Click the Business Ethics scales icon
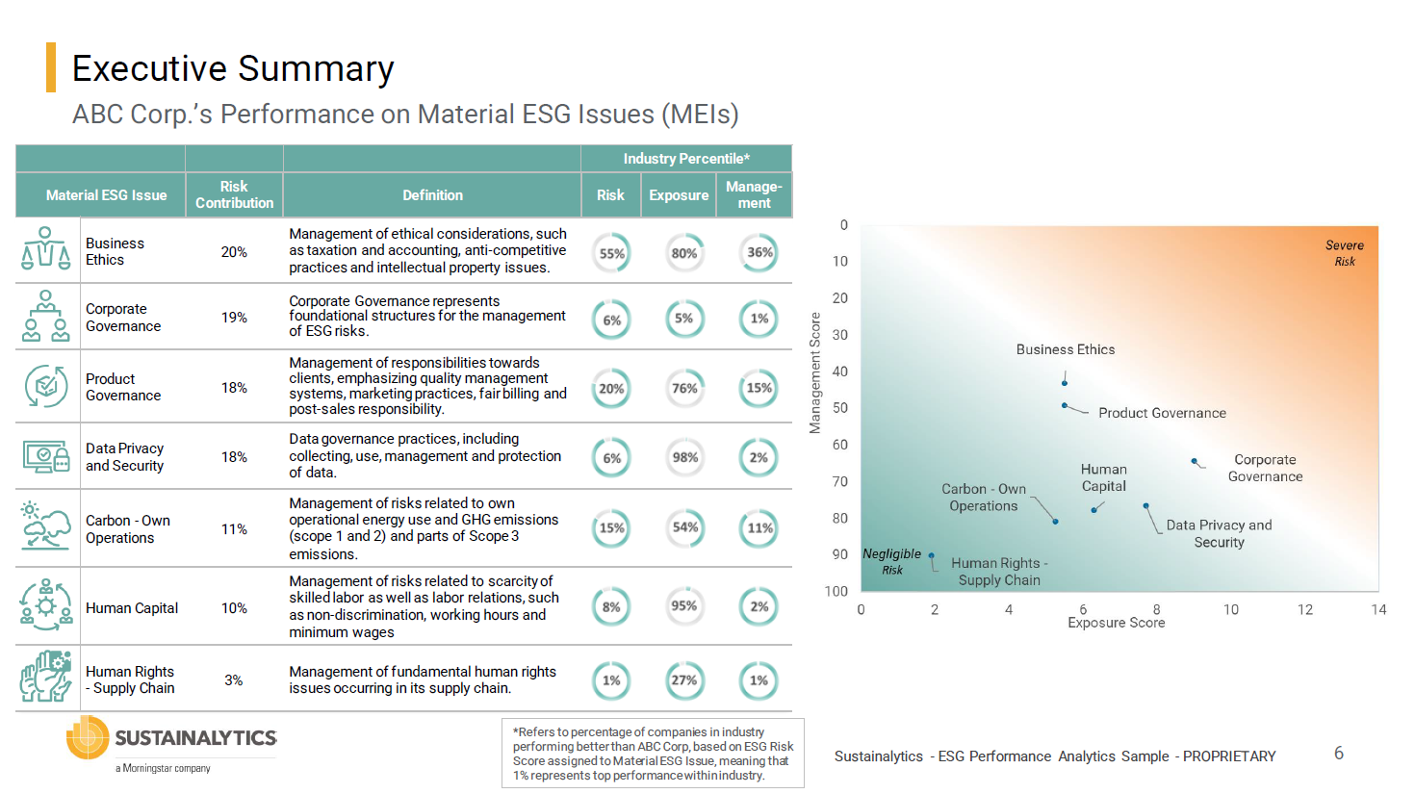[45, 249]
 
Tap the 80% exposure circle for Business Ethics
[684, 253]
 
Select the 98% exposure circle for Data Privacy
[684, 458]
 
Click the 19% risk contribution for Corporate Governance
[234, 318]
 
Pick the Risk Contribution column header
[234, 194]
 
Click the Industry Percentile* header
[685, 159]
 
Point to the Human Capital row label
[132, 608]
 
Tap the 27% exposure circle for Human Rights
[684, 680]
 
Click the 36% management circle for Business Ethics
[759, 253]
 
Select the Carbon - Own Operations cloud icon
[45, 527]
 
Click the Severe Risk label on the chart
[1344, 253]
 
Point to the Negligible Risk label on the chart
[891, 561]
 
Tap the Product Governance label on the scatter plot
[1162, 413]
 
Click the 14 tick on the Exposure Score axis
[1378, 609]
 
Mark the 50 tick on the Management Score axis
[840, 408]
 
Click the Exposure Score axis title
[1116, 624]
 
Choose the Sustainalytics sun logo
[87, 738]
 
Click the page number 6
[1338, 754]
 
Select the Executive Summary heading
[233, 69]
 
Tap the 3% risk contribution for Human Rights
[234, 680]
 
